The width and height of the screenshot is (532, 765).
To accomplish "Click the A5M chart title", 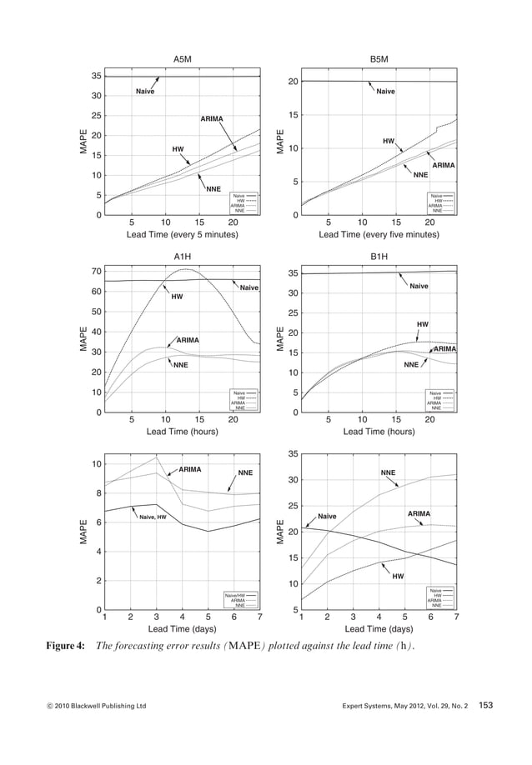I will point(182,60).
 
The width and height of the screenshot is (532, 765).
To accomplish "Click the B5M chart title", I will point(379,60).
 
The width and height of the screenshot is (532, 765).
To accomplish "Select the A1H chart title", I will point(182,256).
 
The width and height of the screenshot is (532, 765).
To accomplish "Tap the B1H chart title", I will point(379,256).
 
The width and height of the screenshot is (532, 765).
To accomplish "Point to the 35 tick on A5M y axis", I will point(97,76).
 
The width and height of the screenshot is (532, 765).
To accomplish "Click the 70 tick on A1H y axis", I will point(97,272).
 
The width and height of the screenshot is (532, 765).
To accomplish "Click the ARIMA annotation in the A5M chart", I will point(212,119).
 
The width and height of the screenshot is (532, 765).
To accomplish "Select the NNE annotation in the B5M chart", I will point(420,176).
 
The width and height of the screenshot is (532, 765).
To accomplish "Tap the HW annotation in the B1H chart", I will point(423,323).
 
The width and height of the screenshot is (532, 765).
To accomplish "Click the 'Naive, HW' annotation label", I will point(153,517).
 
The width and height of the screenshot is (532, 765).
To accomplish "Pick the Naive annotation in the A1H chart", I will point(248,288).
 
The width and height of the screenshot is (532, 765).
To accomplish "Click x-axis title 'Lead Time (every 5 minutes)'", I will point(182,236).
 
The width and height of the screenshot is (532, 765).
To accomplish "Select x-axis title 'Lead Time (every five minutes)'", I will point(379,236).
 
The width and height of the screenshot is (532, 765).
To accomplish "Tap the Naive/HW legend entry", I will point(234,595).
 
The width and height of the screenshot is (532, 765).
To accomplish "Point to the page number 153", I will point(486,706).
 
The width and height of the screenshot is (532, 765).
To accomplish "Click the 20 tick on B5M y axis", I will point(294,82).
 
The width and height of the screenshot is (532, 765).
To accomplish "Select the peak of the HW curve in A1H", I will point(187,269).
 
